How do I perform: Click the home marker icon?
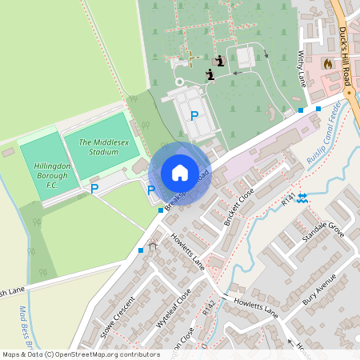coord(180,172)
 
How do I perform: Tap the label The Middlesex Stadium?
coord(103,146)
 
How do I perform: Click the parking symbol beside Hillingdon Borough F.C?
coord(94,189)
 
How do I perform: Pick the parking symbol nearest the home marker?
coord(151,190)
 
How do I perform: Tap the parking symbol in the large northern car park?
coord(194,115)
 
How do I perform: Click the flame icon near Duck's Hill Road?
coord(326,62)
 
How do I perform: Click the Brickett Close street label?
coord(238,206)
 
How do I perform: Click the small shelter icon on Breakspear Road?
coord(153,248)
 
